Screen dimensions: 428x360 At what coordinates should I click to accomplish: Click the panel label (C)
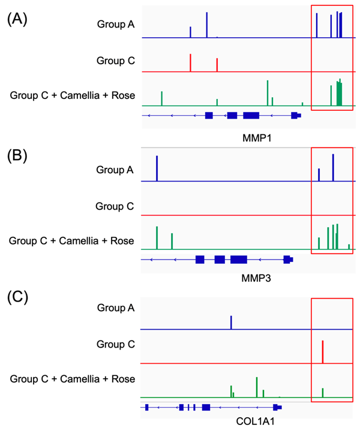17,298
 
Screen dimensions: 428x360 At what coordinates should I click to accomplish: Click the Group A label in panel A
116,25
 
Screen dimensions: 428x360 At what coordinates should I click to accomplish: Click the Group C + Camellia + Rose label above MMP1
73,96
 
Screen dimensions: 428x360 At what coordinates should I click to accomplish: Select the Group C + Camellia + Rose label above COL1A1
72,378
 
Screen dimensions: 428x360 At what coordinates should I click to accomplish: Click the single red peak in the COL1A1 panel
323,352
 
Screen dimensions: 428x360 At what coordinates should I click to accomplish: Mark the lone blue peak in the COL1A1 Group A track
231,322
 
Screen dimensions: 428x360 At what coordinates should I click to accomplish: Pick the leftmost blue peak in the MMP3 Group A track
157,168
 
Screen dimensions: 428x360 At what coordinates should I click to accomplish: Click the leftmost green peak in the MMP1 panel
161,99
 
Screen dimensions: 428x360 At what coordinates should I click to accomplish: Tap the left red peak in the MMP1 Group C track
190,63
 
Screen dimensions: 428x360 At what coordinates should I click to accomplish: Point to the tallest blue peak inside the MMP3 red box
333,167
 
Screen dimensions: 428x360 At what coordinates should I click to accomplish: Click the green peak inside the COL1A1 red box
323,393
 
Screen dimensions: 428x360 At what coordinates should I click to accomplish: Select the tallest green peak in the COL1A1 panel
256,387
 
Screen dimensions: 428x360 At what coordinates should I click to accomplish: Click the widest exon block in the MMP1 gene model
251,115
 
